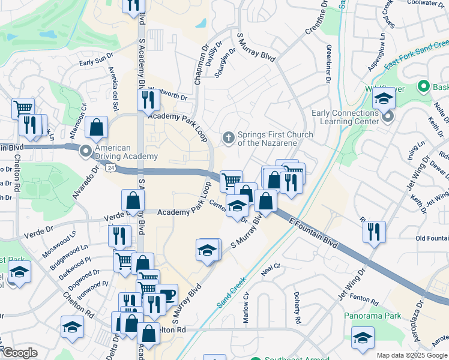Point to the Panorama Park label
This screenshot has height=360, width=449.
click(x=372, y=316)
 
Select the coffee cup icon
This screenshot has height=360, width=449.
click(x=167, y=295)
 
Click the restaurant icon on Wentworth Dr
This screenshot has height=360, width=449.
click(x=148, y=98)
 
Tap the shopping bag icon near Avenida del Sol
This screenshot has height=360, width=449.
click(x=97, y=127)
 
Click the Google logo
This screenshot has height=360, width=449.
click(x=19, y=353)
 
